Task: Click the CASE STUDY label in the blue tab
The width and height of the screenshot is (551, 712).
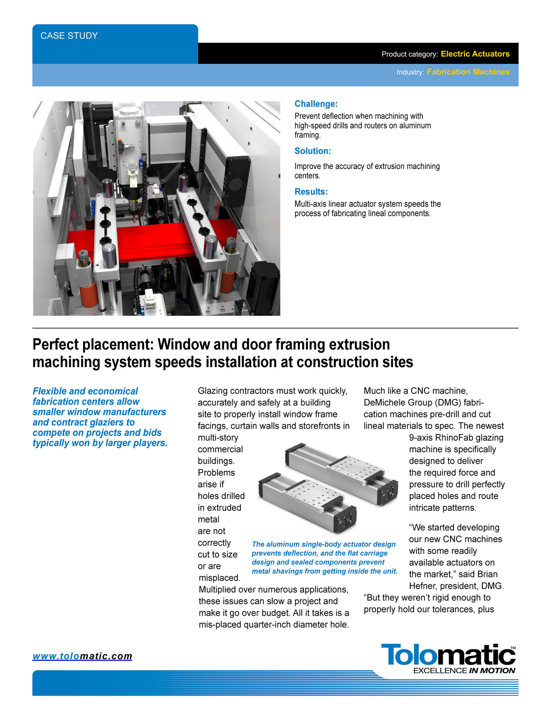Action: point(69,36)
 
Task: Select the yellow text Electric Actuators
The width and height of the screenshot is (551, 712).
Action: point(475,54)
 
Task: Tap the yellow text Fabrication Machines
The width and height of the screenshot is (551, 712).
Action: point(468,72)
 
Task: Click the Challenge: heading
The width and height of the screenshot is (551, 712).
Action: point(316,104)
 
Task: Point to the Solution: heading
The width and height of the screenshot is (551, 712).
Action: point(313,151)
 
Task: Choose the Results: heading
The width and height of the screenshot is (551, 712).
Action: point(311,192)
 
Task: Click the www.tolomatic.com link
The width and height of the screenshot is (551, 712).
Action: point(82,656)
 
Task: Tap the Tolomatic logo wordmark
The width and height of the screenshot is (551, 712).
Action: point(448,654)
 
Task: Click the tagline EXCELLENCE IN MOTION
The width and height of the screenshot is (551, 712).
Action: point(464,671)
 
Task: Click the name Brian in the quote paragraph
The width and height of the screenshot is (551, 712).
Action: point(488,574)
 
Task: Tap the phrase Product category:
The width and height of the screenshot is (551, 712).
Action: point(410,54)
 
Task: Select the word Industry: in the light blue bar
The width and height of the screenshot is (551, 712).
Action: point(410,72)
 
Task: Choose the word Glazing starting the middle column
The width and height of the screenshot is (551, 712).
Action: point(213,391)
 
